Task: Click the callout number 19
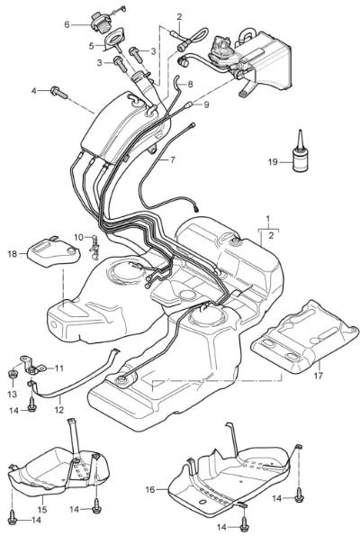tap(273, 162)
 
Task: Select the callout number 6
tap(67, 24)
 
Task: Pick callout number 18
tap(13, 254)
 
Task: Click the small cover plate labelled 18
tap(54, 251)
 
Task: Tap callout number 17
tap(318, 376)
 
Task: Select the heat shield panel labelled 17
tap(305, 338)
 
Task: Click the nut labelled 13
tap(13, 373)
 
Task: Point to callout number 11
tap(59, 368)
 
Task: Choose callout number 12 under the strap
tap(59, 410)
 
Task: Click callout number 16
tap(150, 490)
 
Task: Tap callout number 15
tap(42, 510)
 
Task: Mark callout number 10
tap(78, 237)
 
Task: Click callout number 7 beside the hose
tap(173, 159)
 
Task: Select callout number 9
tap(206, 104)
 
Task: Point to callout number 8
tap(190, 84)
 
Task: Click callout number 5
tap(91, 46)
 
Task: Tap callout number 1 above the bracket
tap(268, 218)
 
